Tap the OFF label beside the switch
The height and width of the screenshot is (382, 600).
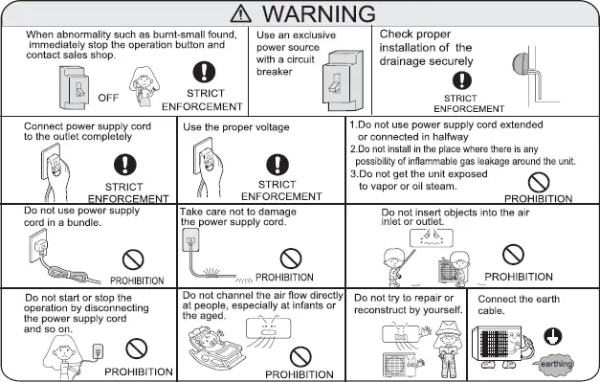108,97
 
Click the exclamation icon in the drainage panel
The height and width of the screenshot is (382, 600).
462,80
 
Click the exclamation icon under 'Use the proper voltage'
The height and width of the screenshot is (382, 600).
280,164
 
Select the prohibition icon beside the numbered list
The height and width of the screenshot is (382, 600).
542,181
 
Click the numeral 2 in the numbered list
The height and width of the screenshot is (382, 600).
352,149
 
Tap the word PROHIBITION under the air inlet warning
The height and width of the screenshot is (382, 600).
519,276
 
